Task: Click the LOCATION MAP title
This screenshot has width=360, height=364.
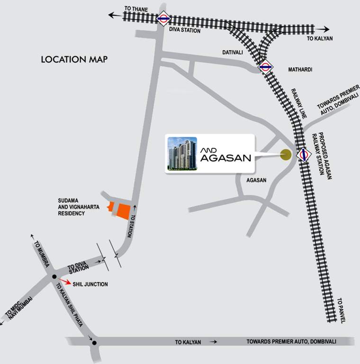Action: pyautogui.click(x=74, y=60)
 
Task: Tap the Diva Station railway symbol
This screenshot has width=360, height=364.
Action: pyautogui.click(x=164, y=18)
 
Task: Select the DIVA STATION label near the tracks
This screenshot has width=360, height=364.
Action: pyautogui.click(x=185, y=30)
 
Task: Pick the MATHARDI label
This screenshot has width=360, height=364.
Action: pyautogui.click(x=300, y=70)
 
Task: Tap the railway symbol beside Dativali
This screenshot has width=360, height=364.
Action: pyautogui.click(x=265, y=67)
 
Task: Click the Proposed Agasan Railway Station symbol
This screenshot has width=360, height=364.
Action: pyautogui.click(x=303, y=155)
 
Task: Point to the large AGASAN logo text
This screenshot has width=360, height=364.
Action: pyautogui.click(x=225, y=158)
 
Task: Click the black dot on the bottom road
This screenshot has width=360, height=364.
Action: pyautogui.click(x=94, y=343)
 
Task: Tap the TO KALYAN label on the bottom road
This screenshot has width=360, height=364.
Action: pyautogui.click(x=188, y=342)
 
